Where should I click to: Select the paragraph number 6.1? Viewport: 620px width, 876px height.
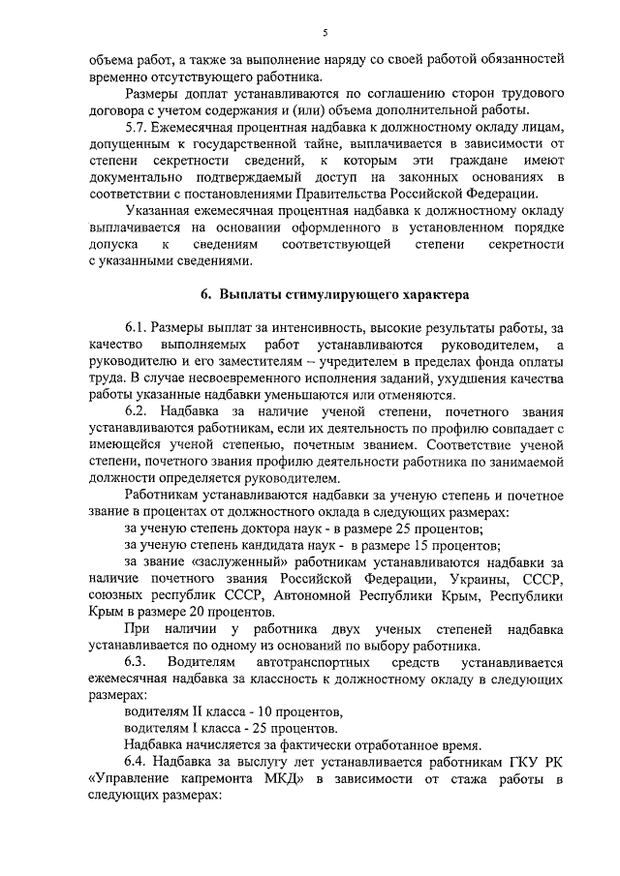[139, 328]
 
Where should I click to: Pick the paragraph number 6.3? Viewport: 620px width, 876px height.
[141, 662]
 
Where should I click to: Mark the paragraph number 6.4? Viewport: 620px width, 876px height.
[139, 762]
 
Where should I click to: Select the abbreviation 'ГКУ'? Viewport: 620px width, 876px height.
[511, 762]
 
